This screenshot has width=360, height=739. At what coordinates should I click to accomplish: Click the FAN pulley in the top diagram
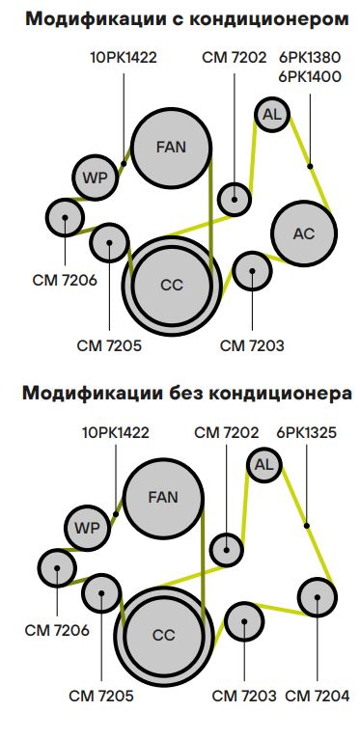point(171,148)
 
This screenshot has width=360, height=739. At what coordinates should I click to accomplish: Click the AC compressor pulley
point(303,233)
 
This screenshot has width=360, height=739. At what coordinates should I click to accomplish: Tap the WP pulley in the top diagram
point(95,178)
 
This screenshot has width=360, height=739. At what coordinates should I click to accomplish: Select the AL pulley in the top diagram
point(271,115)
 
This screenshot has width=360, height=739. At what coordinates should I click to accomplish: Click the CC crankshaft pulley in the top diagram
point(171,285)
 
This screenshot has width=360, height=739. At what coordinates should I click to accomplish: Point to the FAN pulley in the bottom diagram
point(163,498)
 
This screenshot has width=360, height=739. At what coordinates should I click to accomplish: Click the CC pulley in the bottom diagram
point(163,635)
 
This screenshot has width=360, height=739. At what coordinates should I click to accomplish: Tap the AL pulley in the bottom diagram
point(263,465)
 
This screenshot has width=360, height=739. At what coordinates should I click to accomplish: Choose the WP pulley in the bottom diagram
point(87,528)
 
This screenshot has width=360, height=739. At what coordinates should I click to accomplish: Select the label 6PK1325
point(306,432)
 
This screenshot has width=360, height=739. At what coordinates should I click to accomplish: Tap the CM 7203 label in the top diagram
point(252,344)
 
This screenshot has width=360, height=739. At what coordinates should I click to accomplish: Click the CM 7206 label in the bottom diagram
point(58,630)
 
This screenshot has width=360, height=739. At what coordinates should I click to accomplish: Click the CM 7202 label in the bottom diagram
point(226,432)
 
